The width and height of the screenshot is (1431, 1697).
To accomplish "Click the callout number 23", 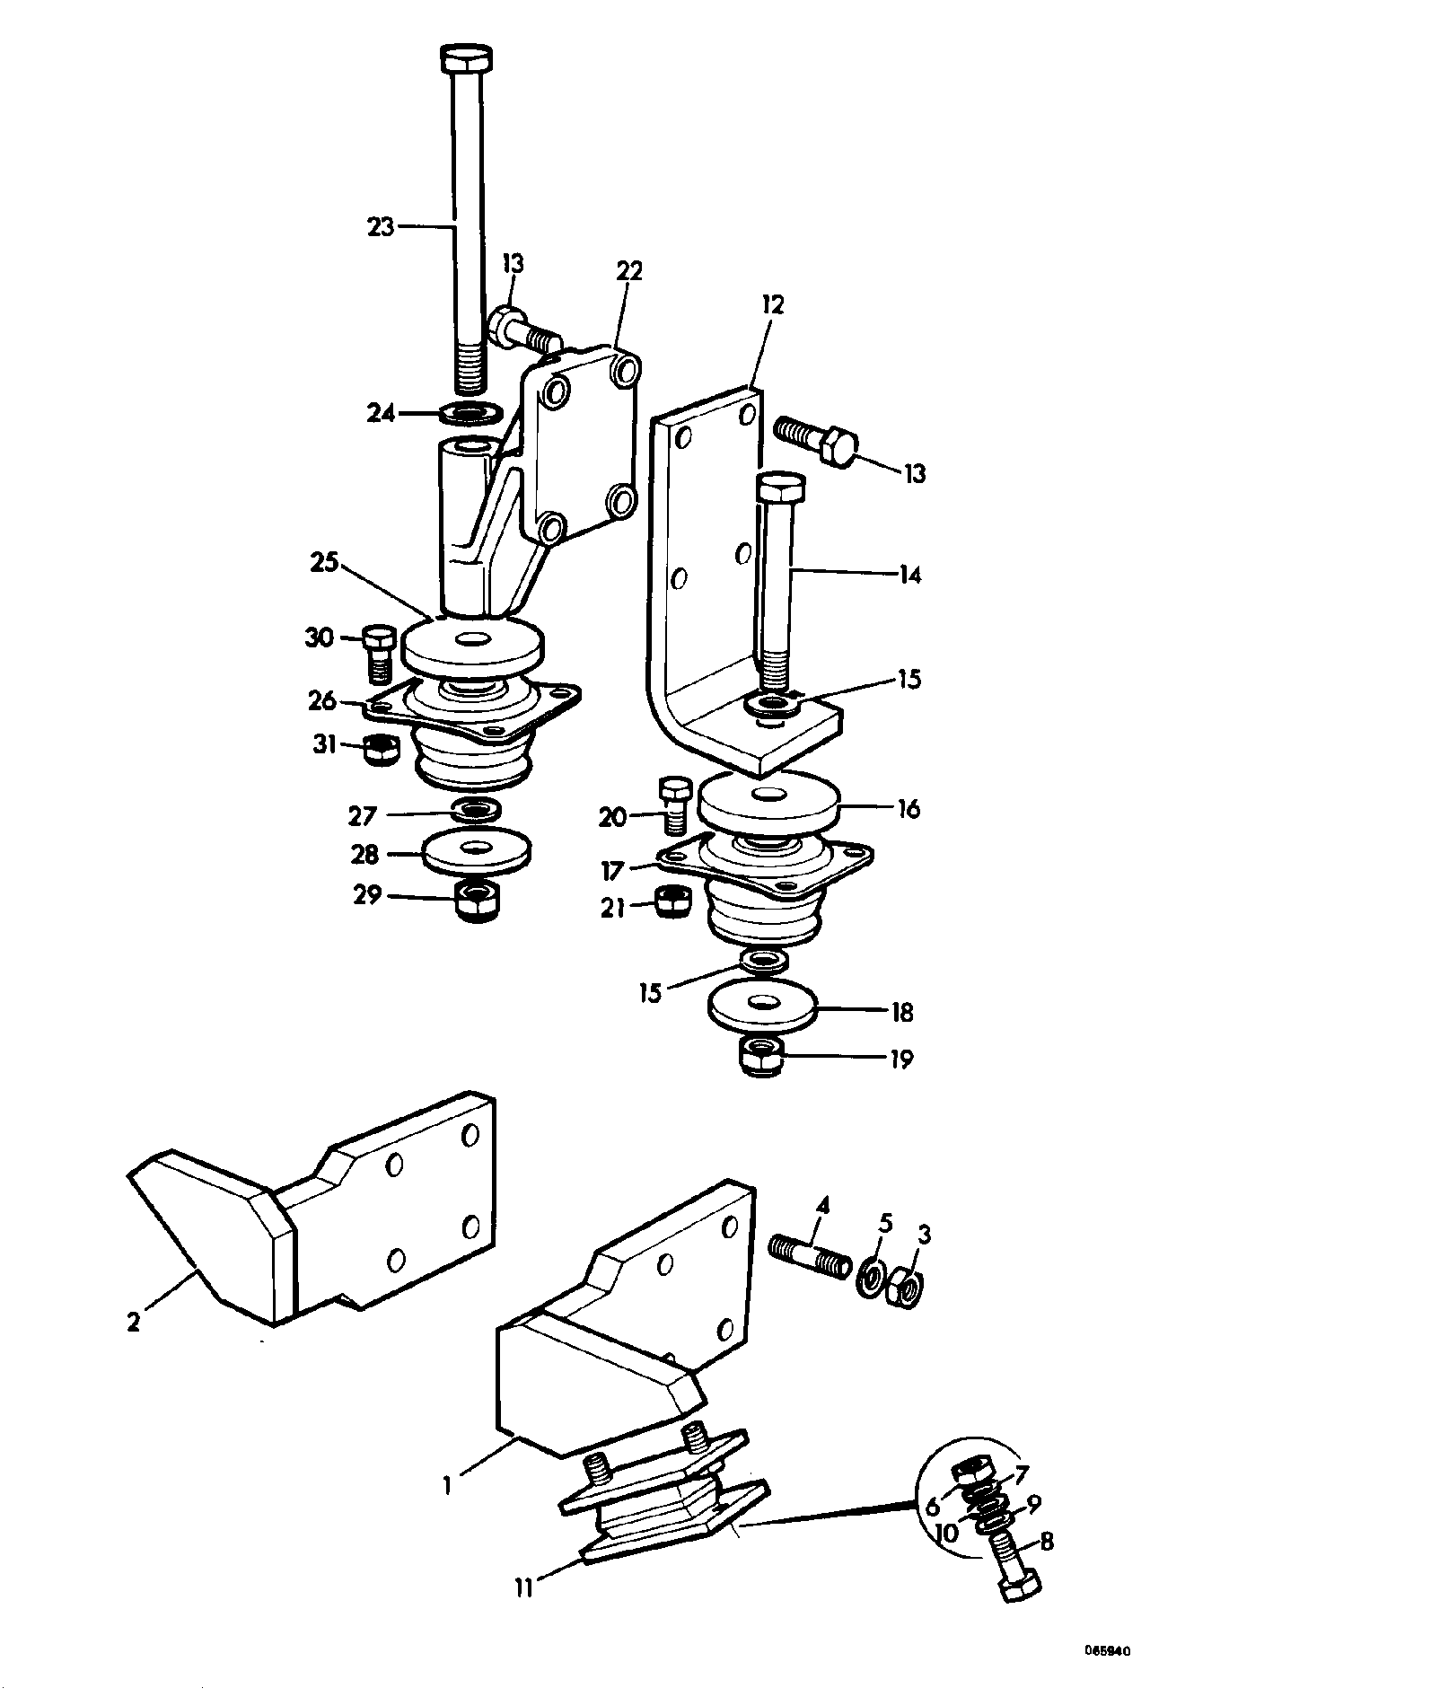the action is [381, 227].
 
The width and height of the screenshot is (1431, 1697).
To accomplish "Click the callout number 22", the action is [629, 270].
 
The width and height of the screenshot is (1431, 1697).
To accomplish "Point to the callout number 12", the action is [772, 304].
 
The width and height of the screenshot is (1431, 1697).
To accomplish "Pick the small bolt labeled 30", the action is [379, 653].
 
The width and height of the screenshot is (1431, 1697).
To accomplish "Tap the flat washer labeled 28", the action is [476, 851].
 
